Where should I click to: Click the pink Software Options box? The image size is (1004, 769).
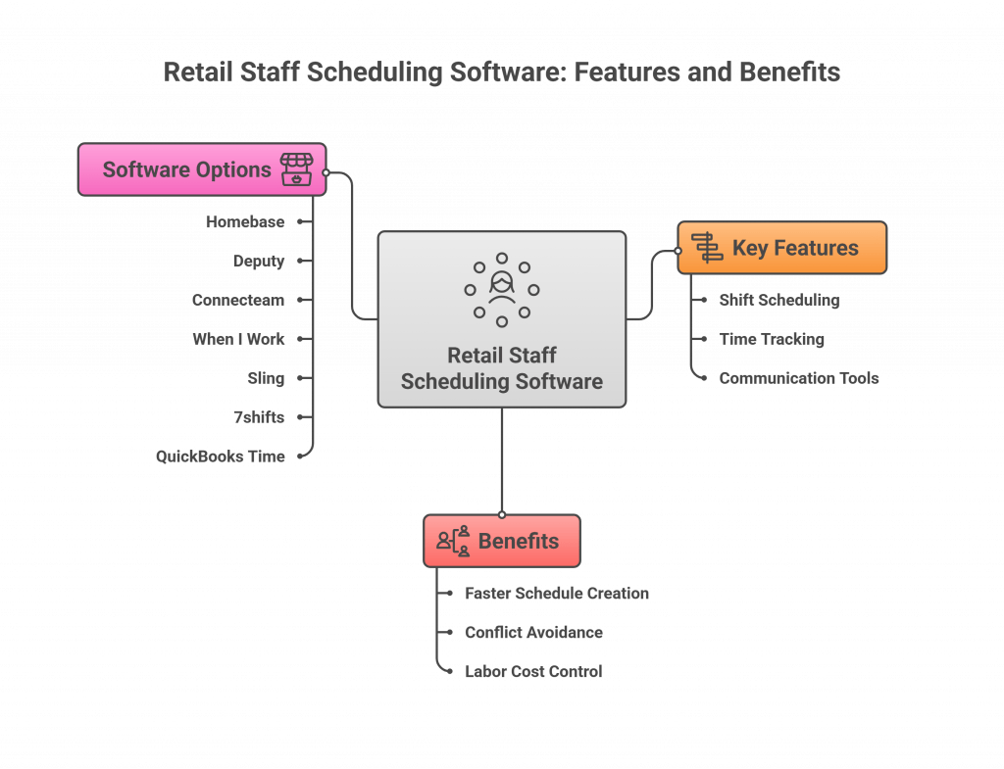click(201, 169)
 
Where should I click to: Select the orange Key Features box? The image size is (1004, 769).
click(781, 248)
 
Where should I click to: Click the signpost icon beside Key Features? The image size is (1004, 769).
click(707, 248)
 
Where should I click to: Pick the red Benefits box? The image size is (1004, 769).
click(502, 541)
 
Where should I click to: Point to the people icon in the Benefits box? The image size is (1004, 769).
click(454, 542)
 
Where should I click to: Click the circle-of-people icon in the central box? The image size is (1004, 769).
click(501, 289)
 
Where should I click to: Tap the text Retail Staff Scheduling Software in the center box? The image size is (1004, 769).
click(501, 368)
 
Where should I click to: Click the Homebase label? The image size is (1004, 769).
click(245, 222)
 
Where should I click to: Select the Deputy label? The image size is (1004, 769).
click(259, 262)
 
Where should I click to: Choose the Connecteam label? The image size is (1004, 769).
click(238, 300)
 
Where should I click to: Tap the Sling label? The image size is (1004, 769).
click(267, 377)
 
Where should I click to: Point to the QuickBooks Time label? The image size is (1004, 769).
click(221, 456)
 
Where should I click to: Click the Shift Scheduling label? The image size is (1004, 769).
click(779, 300)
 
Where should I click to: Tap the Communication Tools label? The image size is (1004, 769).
click(798, 378)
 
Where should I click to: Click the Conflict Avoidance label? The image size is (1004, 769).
click(533, 633)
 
